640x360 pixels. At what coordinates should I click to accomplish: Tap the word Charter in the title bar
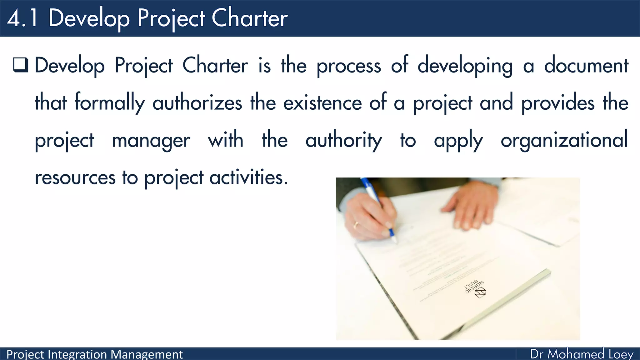point(249,18)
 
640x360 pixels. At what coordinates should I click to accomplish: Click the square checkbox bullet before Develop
point(21,65)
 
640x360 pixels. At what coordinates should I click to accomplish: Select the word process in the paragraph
point(349,66)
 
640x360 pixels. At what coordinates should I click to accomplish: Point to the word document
point(586,66)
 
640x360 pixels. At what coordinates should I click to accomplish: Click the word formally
point(110,103)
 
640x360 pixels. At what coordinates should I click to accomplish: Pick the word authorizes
point(197,103)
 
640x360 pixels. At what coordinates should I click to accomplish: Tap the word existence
point(322,103)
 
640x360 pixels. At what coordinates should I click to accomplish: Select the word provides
point(558,103)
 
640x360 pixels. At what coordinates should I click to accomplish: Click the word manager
point(151,140)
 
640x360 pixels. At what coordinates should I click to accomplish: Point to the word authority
point(344,140)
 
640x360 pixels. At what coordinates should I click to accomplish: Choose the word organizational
point(564,140)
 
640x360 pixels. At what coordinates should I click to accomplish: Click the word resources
point(75,177)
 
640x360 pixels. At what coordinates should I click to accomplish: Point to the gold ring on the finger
point(356,224)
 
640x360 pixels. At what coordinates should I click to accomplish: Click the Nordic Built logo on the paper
point(477,289)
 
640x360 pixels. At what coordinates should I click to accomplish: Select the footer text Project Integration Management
point(94,354)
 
